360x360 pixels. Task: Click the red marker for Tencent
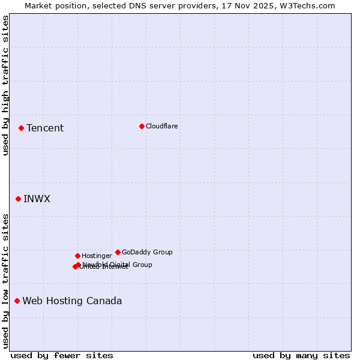[x=21, y=128]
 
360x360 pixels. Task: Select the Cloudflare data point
[x=142, y=126]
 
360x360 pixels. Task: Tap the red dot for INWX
[x=18, y=199]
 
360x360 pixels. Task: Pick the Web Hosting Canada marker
[x=17, y=301]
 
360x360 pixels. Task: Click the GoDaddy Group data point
[x=118, y=252]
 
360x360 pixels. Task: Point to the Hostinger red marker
[x=77, y=256]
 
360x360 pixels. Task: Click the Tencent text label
[x=45, y=128]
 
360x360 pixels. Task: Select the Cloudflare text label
[x=162, y=126]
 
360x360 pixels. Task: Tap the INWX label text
[x=37, y=199]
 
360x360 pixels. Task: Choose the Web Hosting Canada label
[x=72, y=301]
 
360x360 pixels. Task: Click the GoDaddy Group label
[x=147, y=252]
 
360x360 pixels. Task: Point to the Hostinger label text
[x=97, y=256]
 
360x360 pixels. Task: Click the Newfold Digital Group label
[x=118, y=265]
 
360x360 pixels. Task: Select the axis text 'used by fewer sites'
[x=62, y=355]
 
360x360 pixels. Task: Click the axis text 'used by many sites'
[x=301, y=355]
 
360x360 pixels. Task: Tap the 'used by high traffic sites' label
[x=5, y=85]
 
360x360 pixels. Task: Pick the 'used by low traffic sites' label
[x=5, y=281]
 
